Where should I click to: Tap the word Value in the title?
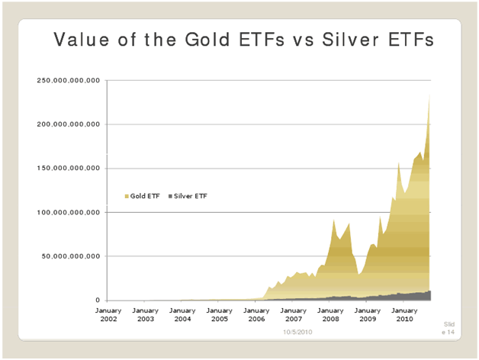[x=80, y=40]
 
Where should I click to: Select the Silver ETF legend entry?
[x=188, y=196]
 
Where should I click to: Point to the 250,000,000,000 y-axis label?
[x=69, y=80]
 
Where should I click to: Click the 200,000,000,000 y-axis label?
[x=69, y=124]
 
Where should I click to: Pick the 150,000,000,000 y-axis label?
[x=69, y=169]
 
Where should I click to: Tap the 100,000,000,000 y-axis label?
[x=69, y=213]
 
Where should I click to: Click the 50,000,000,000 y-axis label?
[x=72, y=257]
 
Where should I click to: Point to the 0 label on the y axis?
[x=98, y=301]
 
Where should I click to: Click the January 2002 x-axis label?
[x=108, y=314]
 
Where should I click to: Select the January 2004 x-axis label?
[x=182, y=314]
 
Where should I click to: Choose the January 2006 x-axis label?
[x=256, y=314]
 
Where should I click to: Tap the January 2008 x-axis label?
[x=330, y=314]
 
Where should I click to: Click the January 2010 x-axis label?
[x=404, y=314]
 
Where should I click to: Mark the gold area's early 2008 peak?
[x=334, y=220]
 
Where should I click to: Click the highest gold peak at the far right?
[x=430, y=95]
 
